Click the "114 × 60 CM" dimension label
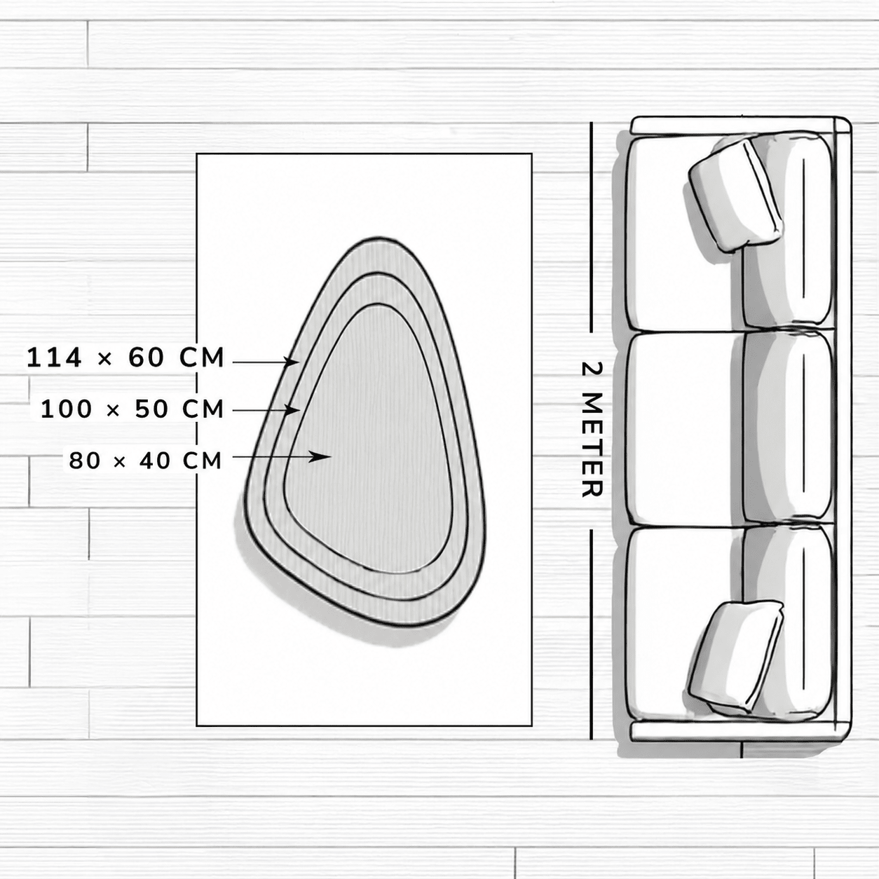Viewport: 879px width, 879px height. click(x=125, y=357)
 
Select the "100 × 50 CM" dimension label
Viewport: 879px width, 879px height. click(x=132, y=409)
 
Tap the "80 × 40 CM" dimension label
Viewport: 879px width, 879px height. click(x=145, y=461)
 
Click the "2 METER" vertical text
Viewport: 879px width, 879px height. click(x=592, y=429)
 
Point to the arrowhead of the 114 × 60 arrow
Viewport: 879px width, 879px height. click(x=292, y=362)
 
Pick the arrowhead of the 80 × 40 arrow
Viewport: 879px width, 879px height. click(x=320, y=456)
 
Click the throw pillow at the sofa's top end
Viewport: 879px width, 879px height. click(x=735, y=194)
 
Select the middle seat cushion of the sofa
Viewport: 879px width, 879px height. click(x=685, y=430)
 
